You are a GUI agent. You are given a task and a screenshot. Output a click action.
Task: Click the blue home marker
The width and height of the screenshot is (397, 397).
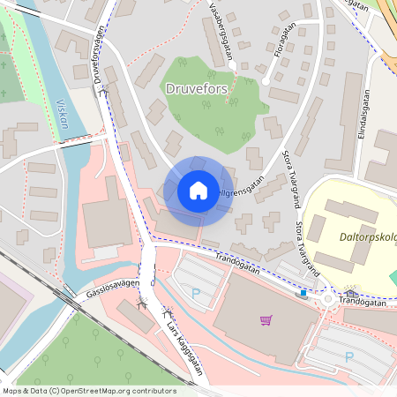[x=198, y=191]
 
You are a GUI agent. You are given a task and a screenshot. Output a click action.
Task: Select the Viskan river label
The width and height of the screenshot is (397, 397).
[x=63, y=112]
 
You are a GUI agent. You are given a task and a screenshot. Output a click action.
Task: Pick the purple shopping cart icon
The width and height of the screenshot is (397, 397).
[x=266, y=319]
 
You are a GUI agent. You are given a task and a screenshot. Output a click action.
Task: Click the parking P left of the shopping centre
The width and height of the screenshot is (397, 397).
[x=196, y=292]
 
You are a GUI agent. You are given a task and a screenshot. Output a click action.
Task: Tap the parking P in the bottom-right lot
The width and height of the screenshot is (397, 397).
[x=349, y=356]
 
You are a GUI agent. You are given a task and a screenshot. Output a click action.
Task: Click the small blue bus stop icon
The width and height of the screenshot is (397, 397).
[x=303, y=293]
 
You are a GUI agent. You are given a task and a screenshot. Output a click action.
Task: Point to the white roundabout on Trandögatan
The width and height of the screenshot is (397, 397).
[x=327, y=299]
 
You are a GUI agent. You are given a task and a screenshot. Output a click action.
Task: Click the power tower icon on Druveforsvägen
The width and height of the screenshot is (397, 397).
[x=105, y=90]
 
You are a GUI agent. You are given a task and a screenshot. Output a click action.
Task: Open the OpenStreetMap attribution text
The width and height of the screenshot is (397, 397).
[x=88, y=391]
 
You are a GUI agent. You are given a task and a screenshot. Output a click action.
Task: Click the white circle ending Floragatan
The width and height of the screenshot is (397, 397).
[x=266, y=82]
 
